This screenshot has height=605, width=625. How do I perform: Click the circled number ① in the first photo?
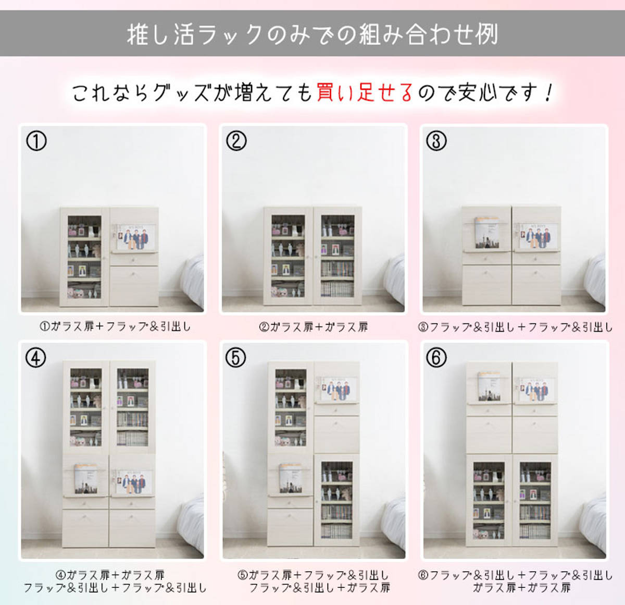[36, 141]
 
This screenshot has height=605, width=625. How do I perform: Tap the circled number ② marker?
[236, 141]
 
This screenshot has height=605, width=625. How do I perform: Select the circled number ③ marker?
[436, 141]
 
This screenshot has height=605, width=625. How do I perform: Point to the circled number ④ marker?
[36, 358]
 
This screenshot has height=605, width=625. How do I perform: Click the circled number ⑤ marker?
[235, 358]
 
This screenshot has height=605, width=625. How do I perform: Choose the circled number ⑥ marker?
[436, 358]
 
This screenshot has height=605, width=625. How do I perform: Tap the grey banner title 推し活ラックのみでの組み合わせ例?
[312, 34]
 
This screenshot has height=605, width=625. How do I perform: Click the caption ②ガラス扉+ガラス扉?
[314, 327]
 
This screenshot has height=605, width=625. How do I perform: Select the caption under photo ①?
[115, 327]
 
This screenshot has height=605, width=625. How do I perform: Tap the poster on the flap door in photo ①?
[135, 238]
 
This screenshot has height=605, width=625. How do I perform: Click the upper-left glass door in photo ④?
[86, 407]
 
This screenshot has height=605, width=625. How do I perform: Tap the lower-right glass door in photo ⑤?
[336, 500]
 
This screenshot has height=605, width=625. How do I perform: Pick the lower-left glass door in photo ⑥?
[489, 500]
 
